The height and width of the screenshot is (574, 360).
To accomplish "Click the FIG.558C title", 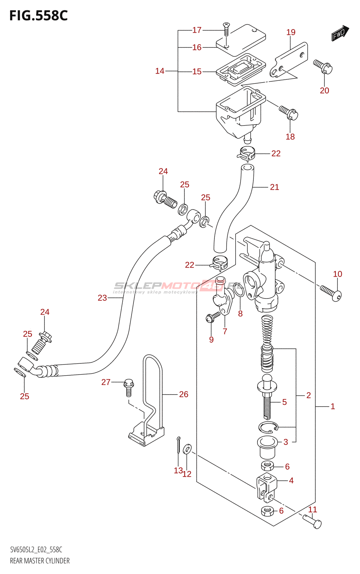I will pyautogui.click(x=38, y=16).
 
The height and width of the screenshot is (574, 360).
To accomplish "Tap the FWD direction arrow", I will pyautogui.click(x=340, y=33).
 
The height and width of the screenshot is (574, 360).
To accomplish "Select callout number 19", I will pyautogui.click(x=291, y=33).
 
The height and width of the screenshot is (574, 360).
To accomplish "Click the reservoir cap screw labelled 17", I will pyautogui.click(x=226, y=29).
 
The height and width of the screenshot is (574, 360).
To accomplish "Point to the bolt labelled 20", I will pyautogui.click(x=323, y=67).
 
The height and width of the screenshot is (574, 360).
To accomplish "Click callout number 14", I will pyautogui.click(x=160, y=71).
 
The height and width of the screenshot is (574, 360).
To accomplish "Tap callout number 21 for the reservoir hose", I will pyautogui.click(x=274, y=187).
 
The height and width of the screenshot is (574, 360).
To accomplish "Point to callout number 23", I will pyautogui.click(x=102, y=298).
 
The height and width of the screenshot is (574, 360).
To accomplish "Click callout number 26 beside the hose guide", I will pyautogui.click(x=184, y=394).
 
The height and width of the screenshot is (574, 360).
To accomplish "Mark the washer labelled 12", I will pyautogui.click(x=187, y=448).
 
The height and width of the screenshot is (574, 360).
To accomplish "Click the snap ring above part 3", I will pyautogui.click(x=268, y=427).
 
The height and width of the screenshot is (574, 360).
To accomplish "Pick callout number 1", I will pyautogui.click(x=333, y=406).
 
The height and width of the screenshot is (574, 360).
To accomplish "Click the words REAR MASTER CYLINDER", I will pyautogui.click(x=40, y=561).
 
